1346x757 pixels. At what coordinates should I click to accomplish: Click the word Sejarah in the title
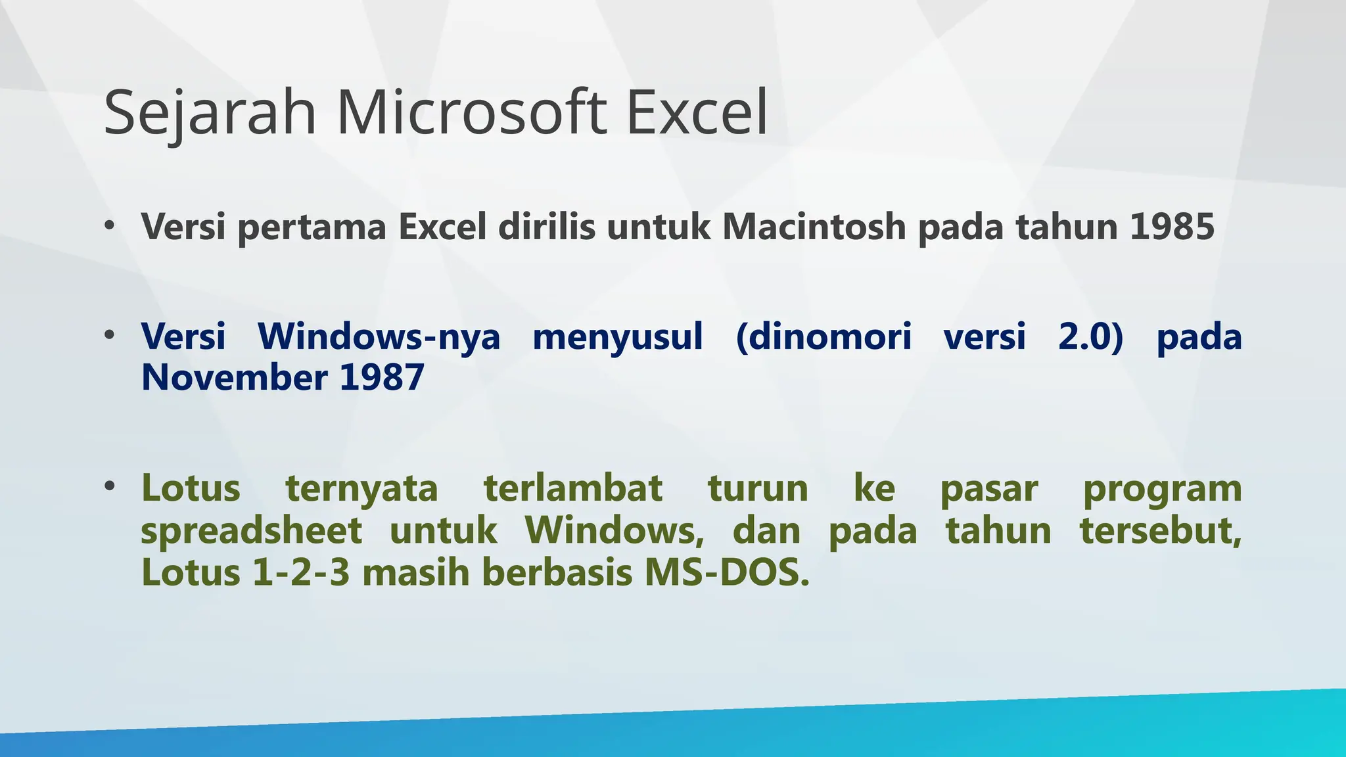point(210,113)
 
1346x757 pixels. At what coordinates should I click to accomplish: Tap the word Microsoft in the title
point(471,113)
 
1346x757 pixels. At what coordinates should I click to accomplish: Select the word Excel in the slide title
point(697,113)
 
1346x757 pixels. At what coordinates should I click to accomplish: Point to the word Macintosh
point(814,227)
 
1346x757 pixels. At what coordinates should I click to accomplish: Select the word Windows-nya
point(379,336)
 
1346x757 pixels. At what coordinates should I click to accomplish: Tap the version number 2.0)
point(1091,336)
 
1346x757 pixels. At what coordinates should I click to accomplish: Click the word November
point(235,378)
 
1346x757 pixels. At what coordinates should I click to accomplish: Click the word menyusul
point(618,336)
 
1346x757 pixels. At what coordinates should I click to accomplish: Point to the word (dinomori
point(824,336)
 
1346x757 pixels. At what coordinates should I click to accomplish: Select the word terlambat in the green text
point(573,488)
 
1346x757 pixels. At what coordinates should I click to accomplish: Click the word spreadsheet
point(252,531)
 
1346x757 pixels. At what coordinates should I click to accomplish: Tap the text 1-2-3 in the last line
point(301,572)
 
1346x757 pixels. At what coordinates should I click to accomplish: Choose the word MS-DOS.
point(727,572)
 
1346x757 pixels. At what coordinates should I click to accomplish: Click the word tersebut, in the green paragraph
point(1161,531)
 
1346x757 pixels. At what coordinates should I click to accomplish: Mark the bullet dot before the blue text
point(110,336)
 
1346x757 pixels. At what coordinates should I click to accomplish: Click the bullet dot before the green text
point(110,487)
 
